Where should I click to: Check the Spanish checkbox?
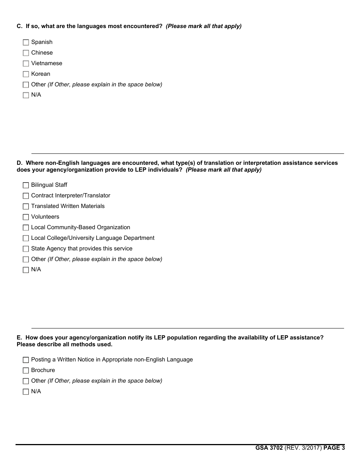click(x=26, y=42)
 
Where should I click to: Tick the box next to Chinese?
click(x=26, y=53)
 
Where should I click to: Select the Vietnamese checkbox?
click(x=26, y=64)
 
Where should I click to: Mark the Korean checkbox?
click(x=26, y=74)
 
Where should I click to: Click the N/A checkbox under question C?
click(x=26, y=95)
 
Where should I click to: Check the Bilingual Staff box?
click(x=26, y=185)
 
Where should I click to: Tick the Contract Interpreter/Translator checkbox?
click(x=26, y=196)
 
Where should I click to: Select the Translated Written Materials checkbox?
click(x=26, y=206)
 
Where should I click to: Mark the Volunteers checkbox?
click(x=26, y=217)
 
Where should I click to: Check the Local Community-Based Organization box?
click(x=26, y=228)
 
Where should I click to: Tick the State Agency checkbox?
click(x=26, y=249)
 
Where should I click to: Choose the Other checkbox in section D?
click(x=26, y=260)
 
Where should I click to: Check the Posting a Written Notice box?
click(x=26, y=360)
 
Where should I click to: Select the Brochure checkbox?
click(x=26, y=371)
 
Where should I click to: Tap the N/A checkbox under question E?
click(x=26, y=392)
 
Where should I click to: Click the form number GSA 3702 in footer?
click(x=269, y=448)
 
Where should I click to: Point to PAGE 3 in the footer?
click(x=334, y=448)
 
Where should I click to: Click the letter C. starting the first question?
click(x=19, y=26)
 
